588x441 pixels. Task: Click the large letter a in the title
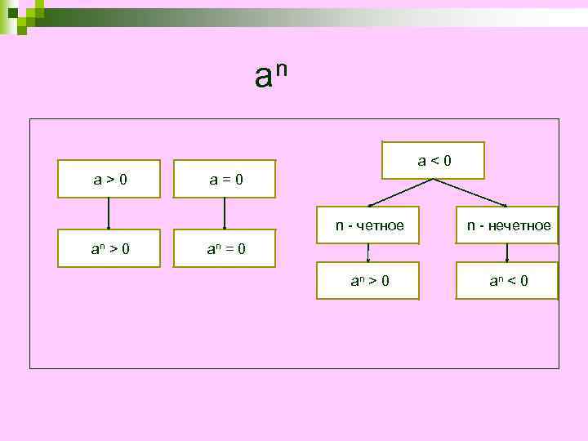[263, 78]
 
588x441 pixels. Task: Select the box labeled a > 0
[109, 179]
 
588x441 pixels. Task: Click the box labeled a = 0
[225, 179]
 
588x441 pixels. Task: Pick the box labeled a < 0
[434, 161]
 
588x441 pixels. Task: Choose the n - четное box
[369, 225]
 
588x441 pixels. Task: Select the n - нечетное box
[507, 225]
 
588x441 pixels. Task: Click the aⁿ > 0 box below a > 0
[109, 246]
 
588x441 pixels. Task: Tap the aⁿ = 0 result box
[225, 246]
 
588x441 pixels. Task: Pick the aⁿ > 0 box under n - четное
[368, 281]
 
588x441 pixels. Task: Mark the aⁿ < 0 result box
[507, 281]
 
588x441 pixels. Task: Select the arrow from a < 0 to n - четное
[400, 192]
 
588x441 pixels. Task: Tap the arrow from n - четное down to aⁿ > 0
[368, 252]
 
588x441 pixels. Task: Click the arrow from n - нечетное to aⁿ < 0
[507, 252]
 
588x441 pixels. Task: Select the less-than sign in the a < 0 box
[434, 161]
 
